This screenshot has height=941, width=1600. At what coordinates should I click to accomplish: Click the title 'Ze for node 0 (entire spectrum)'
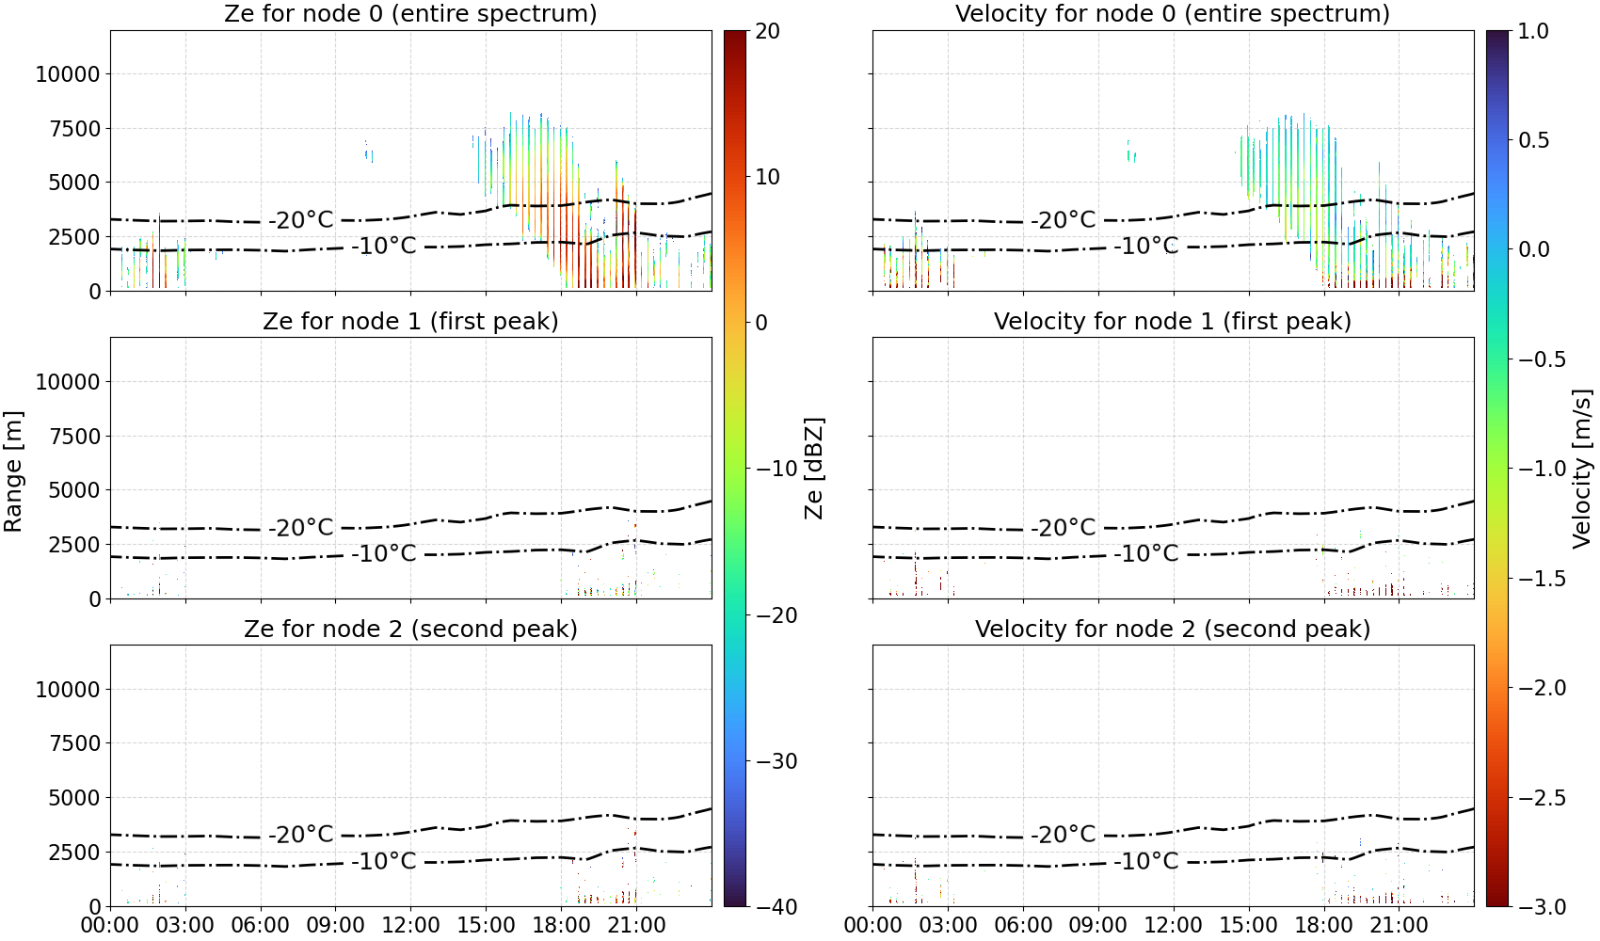[410, 13]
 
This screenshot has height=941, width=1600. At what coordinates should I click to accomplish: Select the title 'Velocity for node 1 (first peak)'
[1173, 321]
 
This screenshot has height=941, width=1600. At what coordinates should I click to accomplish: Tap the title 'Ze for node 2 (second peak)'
[410, 629]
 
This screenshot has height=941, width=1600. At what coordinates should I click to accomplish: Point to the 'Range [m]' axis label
[13, 471]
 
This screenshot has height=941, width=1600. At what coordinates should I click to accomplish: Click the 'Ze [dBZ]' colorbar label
[813, 469]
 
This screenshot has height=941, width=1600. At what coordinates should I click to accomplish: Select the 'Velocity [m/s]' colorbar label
[1583, 469]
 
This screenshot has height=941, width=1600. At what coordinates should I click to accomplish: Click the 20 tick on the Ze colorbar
[767, 31]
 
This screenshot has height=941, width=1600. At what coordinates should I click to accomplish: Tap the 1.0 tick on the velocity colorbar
[1533, 31]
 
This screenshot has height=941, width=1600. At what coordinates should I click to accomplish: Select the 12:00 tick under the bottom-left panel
[410, 925]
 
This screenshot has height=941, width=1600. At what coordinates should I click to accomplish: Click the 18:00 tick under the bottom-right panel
[1323, 925]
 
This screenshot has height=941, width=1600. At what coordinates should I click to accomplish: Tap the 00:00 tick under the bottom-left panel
[110, 925]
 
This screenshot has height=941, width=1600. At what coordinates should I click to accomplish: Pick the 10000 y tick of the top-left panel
[68, 74]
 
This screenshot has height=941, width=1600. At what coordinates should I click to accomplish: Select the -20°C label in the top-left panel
[301, 220]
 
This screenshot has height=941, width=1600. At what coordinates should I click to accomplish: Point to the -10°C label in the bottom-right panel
[1145, 861]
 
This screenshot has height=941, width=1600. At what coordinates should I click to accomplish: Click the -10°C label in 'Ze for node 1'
[384, 553]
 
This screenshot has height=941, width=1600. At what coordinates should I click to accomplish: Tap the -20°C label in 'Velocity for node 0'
[1063, 220]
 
